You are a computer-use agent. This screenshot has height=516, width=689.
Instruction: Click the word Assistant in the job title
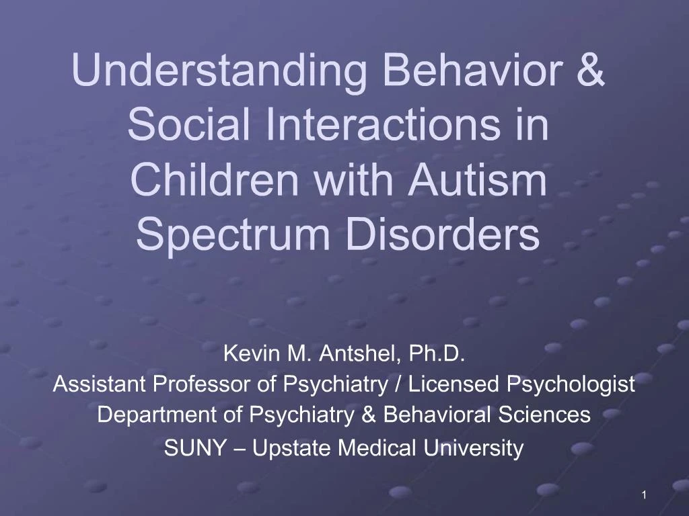tap(100, 384)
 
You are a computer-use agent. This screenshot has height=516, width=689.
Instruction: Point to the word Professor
tap(203, 384)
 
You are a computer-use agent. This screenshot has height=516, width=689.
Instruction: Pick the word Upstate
tap(293, 448)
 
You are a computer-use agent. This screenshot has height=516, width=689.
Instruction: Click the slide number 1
tap(644, 495)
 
